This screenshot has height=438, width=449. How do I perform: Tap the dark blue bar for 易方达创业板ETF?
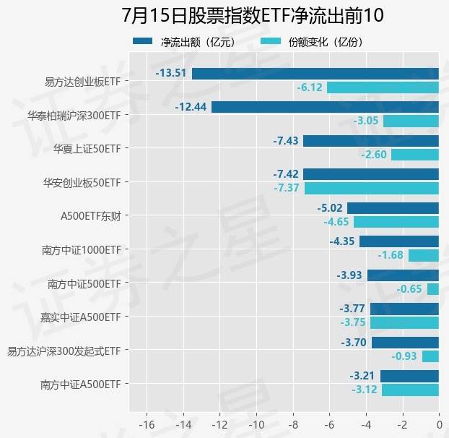[315, 73]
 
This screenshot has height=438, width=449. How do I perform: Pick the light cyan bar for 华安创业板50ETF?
[371, 188]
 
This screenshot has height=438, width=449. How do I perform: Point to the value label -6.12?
[309, 87]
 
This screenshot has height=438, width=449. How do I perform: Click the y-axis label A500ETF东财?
[90, 215]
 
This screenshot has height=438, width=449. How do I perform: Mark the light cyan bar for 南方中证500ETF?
[433, 289]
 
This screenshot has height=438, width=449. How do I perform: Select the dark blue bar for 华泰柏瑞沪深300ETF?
[325, 107]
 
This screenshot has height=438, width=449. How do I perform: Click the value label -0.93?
[404, 356]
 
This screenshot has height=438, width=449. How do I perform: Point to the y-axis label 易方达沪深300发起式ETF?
[64, 351]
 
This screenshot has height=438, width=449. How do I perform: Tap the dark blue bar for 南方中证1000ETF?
[398, 241]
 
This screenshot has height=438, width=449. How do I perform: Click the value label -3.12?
[365, 390]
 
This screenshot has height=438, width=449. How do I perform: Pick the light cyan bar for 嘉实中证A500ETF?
[405, 323]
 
